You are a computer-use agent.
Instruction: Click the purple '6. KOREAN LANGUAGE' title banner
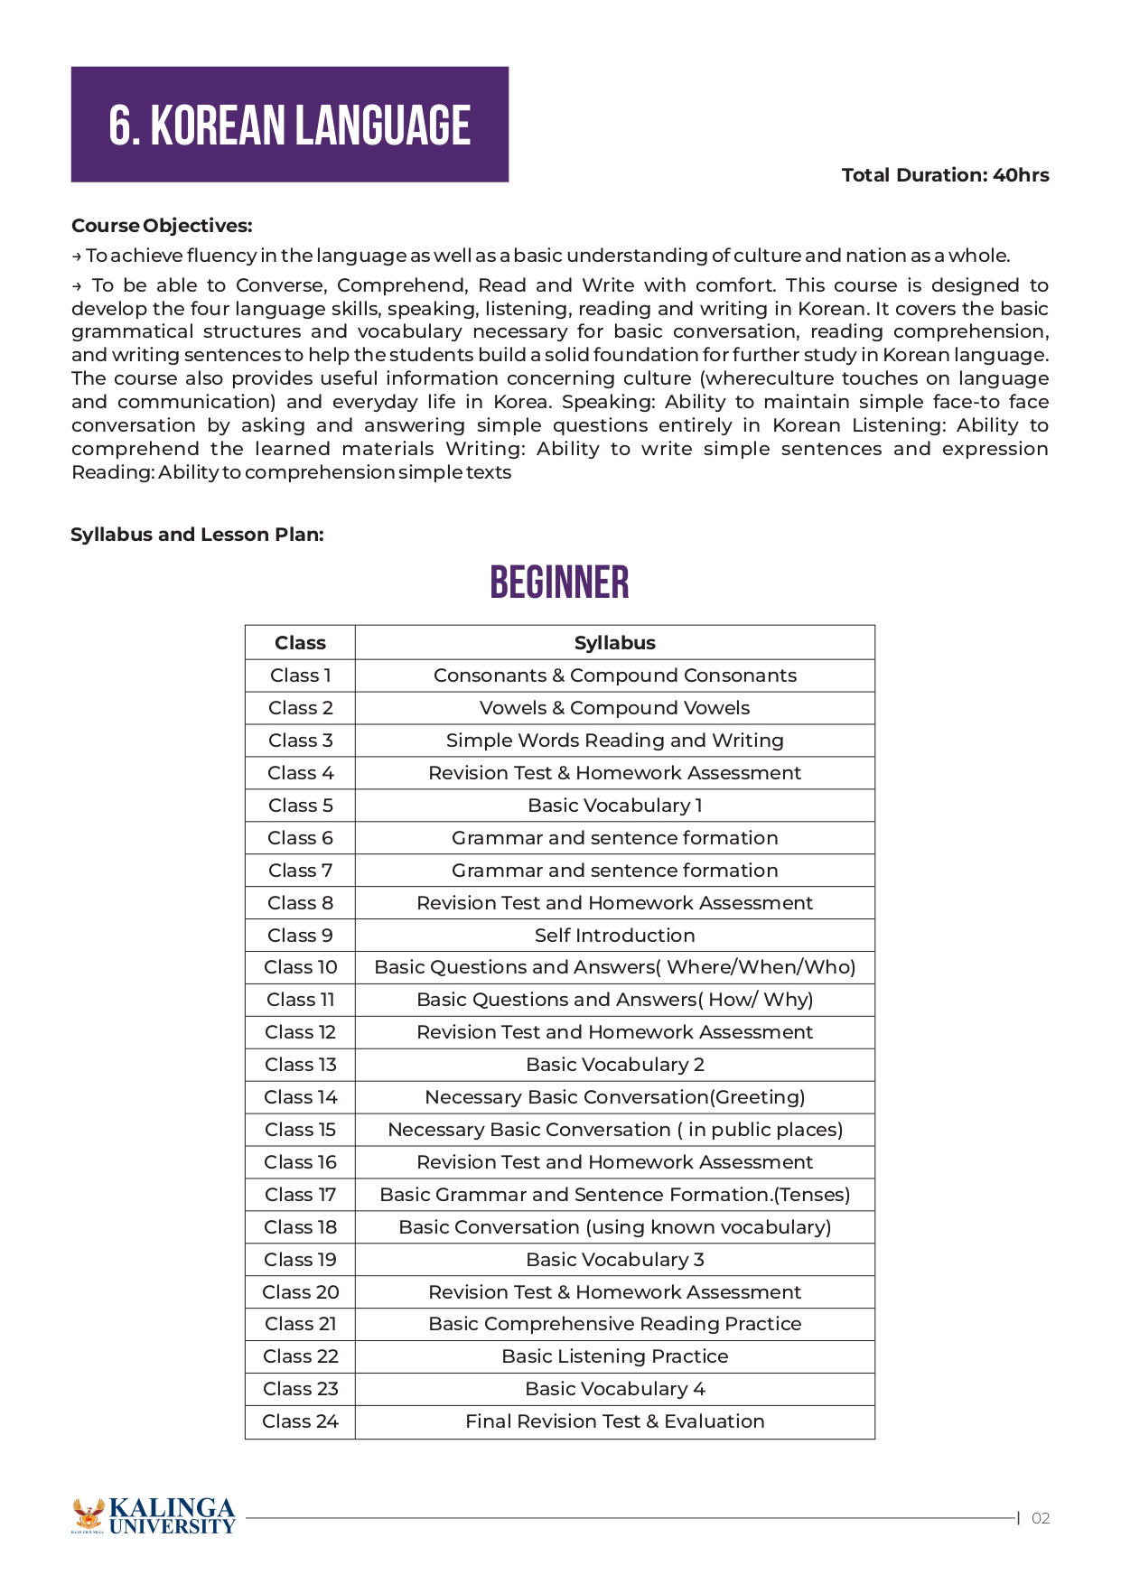tap(289, 125)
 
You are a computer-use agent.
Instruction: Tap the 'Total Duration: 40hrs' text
tap(945, 175)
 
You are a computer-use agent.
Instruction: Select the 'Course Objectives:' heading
tap(162, 226)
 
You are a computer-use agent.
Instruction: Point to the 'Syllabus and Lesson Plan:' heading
tap(197, 535)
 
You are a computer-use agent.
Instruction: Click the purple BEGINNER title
tap(559, 582)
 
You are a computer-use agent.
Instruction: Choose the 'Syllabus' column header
tap(614, 643)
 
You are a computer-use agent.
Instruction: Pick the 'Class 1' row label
tap(300, 676)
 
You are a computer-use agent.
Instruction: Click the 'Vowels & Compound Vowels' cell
tap(614, 708)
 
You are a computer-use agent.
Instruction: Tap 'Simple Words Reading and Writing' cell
tap(614, 741)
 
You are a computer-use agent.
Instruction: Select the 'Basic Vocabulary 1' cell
tap(614, 806)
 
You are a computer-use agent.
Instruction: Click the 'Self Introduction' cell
tap(614, 936)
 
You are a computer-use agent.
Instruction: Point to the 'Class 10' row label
tap(300, 967)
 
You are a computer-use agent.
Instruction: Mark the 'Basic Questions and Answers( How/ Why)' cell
tap(614, 1000)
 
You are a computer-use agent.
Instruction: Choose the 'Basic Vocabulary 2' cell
tap(614, 1065)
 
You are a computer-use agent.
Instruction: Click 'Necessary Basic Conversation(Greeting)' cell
tap(614, 1097)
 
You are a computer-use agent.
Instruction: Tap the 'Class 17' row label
tap(300, 1195)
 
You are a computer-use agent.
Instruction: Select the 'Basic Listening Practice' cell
tap(614, 1356)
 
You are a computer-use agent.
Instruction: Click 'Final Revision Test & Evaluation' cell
tap(614, 1421)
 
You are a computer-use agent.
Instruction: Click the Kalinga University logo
tap(154, 1516)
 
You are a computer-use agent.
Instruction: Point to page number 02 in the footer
tap(1041, 1518)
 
